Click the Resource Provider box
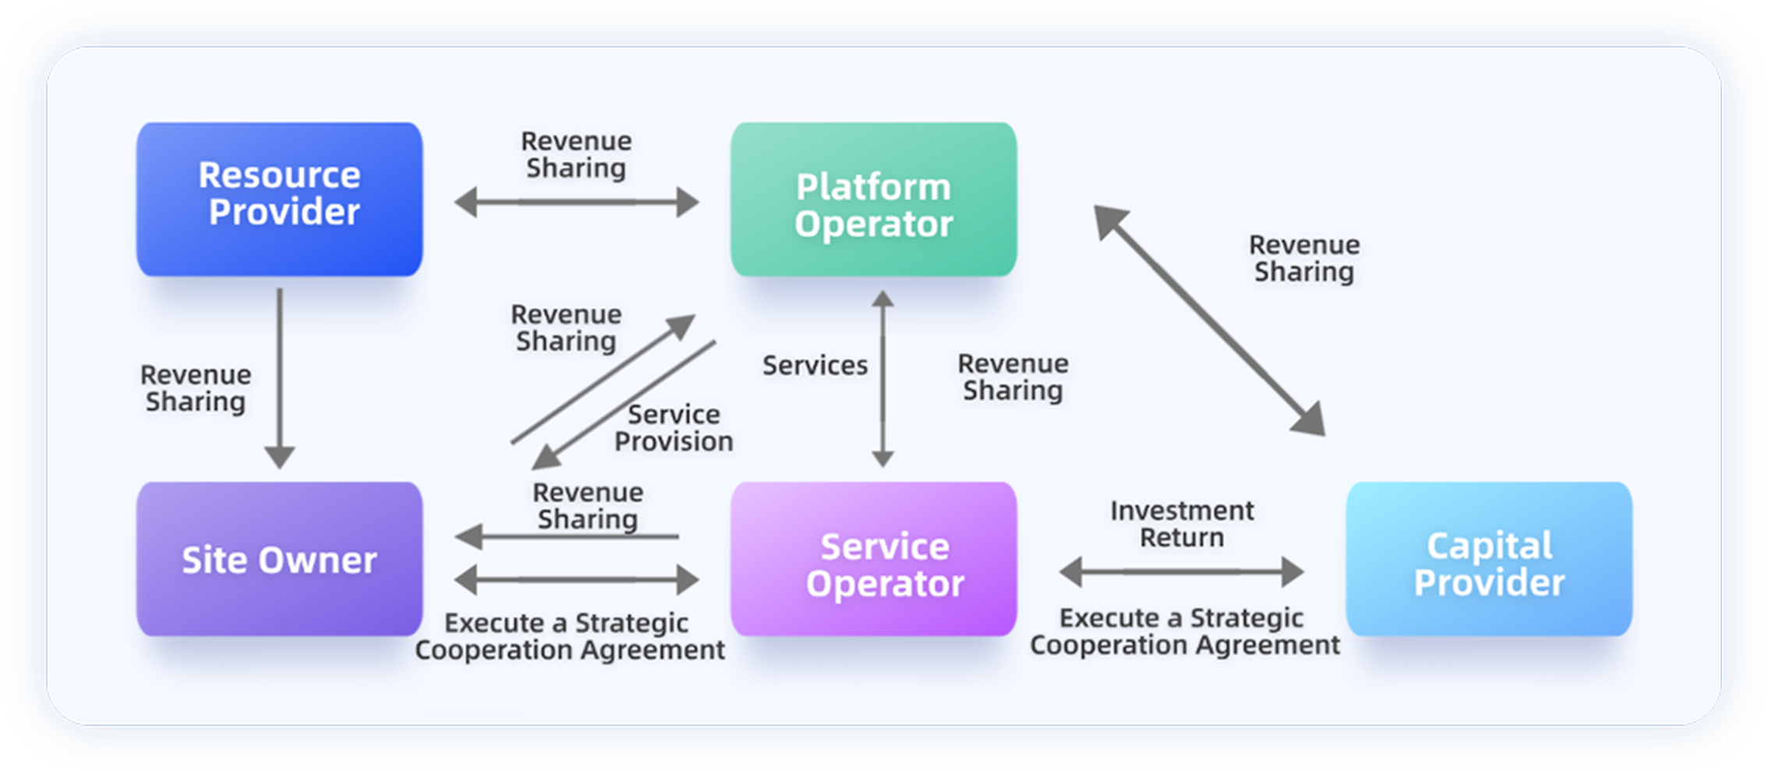click(x=279, y=199)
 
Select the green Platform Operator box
click(x=873, y=199)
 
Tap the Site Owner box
click(x=279, y=558)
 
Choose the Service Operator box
click(x=873, y=558)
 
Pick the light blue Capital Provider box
click(x=1489, y=558)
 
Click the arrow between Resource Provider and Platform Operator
click(x=577, y=202)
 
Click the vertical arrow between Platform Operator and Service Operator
click(x=882, y=379)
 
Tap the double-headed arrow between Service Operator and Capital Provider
click(x=1181, y=572)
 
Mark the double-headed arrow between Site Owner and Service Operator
click(x=577, y=579)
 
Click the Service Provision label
click(x=674, y=428)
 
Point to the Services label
click(x=815, y=365)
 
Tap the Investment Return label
click(x=1182, y=524)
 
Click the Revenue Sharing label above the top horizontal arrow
click(x=576, y=154)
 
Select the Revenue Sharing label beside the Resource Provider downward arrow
click(x=196, y=388)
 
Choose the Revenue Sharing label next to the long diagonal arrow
click(x=1304, y=258)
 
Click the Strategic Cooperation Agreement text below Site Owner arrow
click(x=569, y=636)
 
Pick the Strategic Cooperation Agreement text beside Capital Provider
click(x=1183, y=632)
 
